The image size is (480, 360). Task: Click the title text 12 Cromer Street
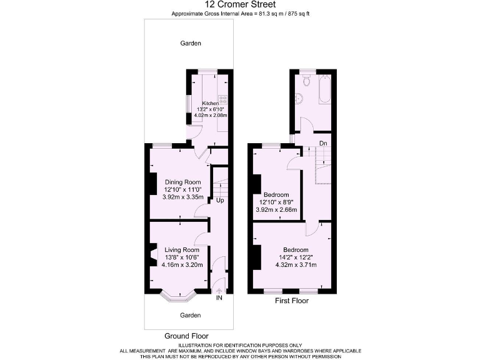(240, 4)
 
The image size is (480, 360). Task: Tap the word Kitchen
(210, 103)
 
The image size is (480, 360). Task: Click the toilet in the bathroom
(306, 82)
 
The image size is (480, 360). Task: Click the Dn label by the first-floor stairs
(323, 143)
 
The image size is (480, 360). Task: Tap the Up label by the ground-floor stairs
(220, 201)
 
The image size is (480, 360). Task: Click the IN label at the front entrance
(219, 298)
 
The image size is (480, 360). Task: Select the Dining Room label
(182, 182)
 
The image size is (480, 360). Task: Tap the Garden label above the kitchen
(191, 43)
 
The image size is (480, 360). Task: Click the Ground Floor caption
(186, 336)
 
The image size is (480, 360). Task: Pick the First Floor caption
(292, 301)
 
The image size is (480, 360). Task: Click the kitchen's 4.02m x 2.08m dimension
(210, 116)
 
